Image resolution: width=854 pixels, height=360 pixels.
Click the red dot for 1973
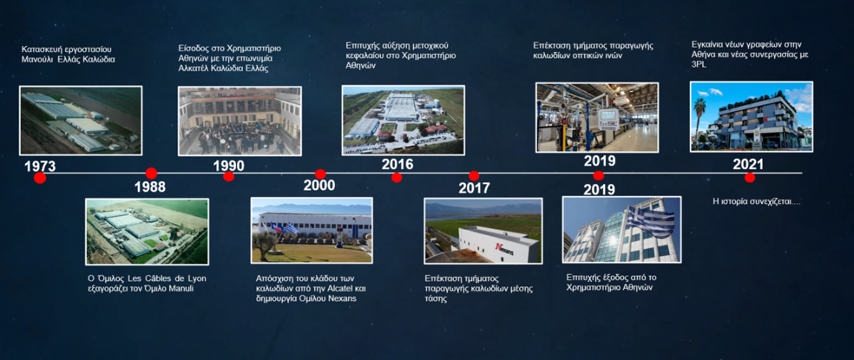[40, 177]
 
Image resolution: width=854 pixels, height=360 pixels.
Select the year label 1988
[150, 187]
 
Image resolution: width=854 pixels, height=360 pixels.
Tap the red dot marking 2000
[320, 174]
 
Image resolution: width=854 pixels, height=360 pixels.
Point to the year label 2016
[397, 164]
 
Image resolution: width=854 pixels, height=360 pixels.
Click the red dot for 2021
[750, 177]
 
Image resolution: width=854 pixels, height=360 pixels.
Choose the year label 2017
[474, 189]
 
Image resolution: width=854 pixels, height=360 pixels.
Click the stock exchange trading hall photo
[240, 121]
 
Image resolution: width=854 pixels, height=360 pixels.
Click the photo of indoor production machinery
[597, 117]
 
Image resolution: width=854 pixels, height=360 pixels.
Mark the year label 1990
[229, 166]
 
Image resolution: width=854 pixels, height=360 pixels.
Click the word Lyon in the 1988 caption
[197, 278]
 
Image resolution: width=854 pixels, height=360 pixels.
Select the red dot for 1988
[151, 173]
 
